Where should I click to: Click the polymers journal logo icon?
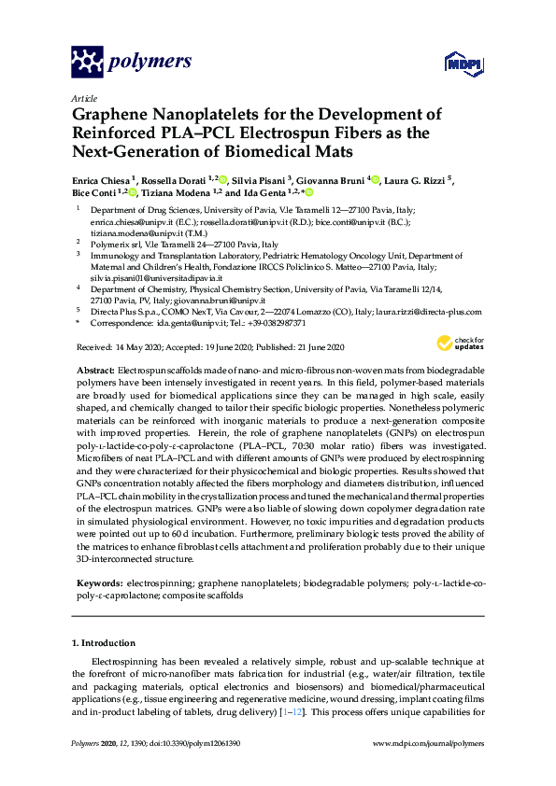87,63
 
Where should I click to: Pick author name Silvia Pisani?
259,179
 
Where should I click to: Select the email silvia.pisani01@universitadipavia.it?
155,278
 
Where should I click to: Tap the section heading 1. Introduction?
104,643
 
